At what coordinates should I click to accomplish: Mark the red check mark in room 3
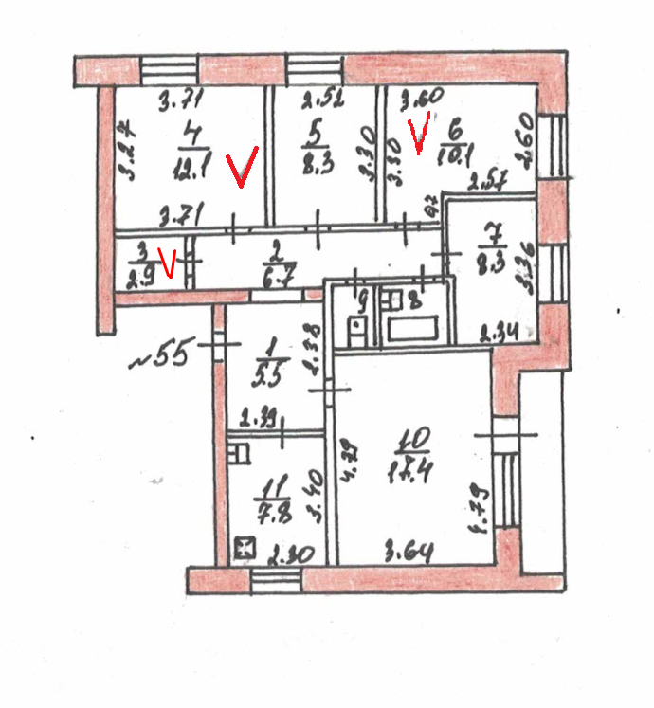pyautogui.click(x=169, y=262)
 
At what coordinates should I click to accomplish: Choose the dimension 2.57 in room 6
pyautogui.click(x=492, y=180)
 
